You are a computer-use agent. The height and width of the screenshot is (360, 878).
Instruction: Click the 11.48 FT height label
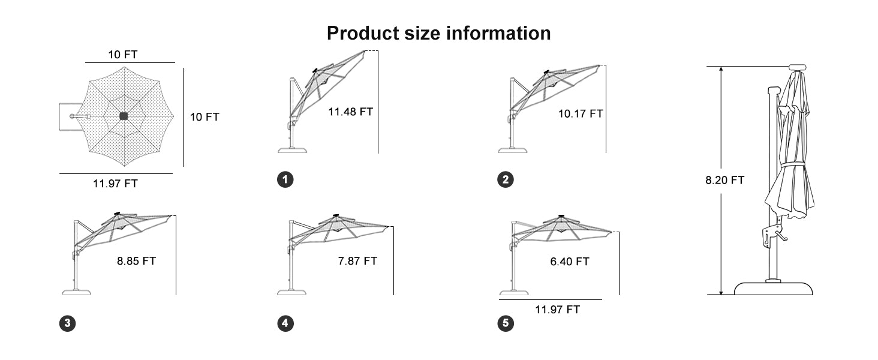350,112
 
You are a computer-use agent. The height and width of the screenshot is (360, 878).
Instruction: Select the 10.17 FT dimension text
581,114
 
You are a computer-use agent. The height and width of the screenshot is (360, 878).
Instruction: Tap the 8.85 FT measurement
136,261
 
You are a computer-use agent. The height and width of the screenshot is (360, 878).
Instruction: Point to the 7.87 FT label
357,261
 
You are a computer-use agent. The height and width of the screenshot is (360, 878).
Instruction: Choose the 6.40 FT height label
570,262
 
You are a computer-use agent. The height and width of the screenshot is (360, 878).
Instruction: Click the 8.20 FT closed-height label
724,180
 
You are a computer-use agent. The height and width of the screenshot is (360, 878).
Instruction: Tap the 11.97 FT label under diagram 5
557,310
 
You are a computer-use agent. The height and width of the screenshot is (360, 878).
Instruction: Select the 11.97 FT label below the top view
115,183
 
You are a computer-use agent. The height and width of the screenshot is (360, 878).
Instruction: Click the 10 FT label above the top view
123,55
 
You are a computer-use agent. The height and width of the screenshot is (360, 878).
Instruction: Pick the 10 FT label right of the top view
205,117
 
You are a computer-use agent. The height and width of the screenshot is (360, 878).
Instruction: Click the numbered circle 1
285,179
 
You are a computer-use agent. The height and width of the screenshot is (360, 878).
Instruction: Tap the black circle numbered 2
506,179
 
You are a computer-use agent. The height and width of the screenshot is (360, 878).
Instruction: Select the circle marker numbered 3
67,323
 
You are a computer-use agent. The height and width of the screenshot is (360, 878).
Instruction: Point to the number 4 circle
285,323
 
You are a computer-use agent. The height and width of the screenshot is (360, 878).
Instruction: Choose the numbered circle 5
506,323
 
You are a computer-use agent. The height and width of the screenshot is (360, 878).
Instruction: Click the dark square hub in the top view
124,116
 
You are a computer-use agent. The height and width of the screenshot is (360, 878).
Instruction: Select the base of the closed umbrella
773,288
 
